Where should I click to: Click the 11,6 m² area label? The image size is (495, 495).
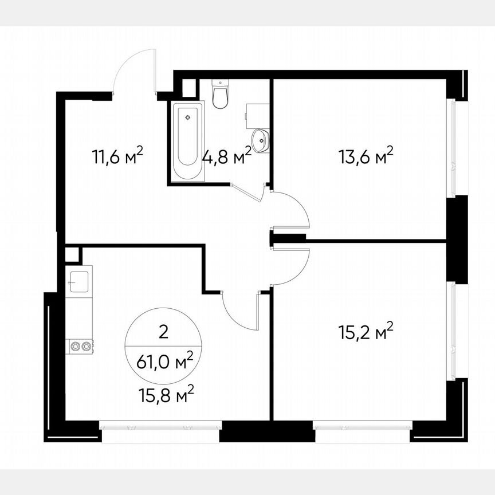117,156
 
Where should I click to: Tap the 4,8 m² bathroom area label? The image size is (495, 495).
226,155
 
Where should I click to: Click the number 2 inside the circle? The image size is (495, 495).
163,331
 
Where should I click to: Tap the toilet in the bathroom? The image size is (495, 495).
220,94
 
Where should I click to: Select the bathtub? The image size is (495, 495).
187,140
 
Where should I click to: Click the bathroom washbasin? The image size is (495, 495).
261,140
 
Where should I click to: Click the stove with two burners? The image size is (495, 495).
80,345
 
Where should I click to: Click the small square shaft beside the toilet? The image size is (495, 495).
188,87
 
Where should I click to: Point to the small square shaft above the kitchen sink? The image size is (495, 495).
72,254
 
